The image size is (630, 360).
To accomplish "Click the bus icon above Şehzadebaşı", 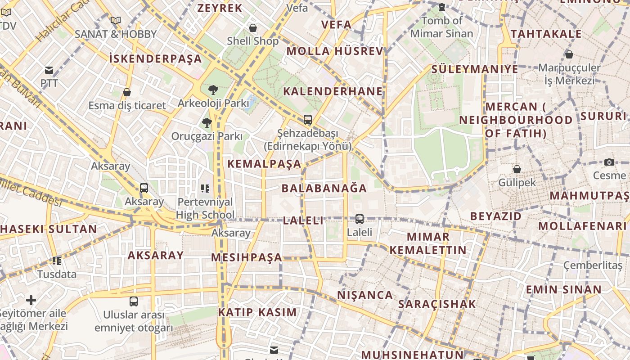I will (x=308, y=120).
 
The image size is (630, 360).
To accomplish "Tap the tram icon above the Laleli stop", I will (x=360, y=219).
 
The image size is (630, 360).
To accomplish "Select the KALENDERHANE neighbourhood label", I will (x=333, y=91).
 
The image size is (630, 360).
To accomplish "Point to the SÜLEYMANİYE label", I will (x=475, y=69).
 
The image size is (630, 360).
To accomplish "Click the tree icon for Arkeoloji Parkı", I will (x=213, y=90).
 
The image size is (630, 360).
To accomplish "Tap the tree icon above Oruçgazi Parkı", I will (x=207, y=122).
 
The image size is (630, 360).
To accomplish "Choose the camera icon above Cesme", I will (x=609, y=162).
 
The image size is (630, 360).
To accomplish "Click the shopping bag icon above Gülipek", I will (x=517, y=169).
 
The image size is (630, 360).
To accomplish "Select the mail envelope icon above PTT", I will (x=49, y=70).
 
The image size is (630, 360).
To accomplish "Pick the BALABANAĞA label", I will (x=324, y=188).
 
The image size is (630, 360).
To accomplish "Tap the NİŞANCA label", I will (x=365, y=295).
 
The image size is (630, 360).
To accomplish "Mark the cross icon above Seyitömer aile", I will (x=31, y=300).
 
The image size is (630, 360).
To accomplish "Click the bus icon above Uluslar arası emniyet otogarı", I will (x=134, y=301).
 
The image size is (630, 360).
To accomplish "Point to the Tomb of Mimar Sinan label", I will (x=441, y=27).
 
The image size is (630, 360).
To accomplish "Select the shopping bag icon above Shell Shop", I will (x=253, y=28).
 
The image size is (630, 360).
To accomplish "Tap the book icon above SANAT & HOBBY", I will (x=116, y=20).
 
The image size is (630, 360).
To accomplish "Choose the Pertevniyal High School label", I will (x=205, y=208).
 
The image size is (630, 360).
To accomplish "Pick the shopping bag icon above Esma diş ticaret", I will (x=127, y=92).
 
